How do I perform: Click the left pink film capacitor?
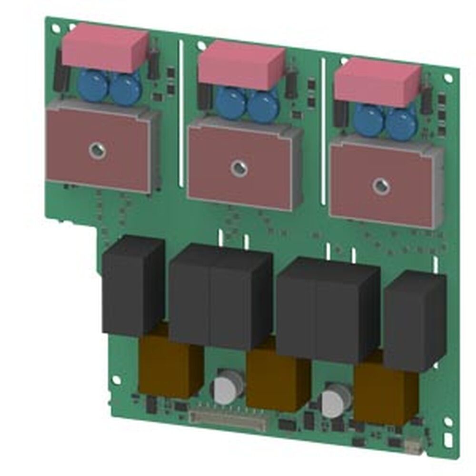(x=105, y=48)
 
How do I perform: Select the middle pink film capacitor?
(x=241, y=65)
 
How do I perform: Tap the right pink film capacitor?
(x=377, y=82)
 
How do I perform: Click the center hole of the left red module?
(x=97, y=150)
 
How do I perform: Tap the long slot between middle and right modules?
(x=323, y=131)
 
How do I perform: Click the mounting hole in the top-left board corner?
(x=56, y=29)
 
